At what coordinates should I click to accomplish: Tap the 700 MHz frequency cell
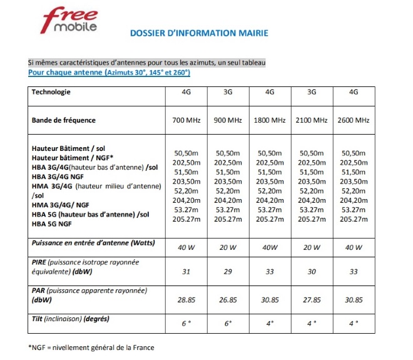pos(185,120)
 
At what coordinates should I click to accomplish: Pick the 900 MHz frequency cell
pos(228,120)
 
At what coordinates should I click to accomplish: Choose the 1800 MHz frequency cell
pos(270,120)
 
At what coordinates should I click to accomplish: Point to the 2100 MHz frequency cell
pos(312,120)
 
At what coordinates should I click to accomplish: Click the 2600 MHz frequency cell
pos(353,120)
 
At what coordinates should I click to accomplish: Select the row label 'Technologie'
pos(51,92)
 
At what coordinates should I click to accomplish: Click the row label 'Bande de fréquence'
pos(63,120)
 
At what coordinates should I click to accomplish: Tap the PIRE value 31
pos(185,271)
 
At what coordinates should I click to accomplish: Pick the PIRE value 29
pos(228,271)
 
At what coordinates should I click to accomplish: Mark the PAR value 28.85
pos(185,301)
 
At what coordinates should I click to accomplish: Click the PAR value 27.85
pos(312,301)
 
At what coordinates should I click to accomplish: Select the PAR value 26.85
pos(228,301)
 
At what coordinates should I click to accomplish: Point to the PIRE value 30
pos(312,271)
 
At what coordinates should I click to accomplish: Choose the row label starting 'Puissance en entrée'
pos(93,242)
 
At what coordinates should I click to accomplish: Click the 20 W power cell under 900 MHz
pos(228,247)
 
